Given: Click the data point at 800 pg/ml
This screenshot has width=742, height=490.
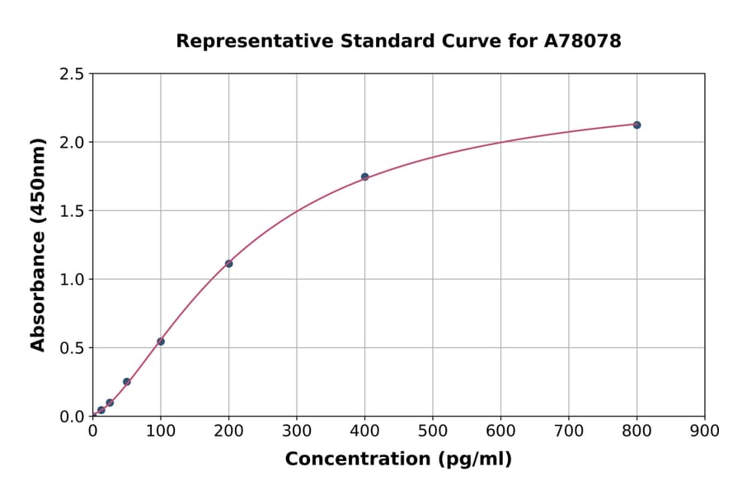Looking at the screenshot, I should [x=636, y=125].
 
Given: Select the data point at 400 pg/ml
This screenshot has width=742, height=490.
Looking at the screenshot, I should [x=364, y=177].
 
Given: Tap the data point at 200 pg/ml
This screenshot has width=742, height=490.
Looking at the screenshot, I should [x=228, y=264].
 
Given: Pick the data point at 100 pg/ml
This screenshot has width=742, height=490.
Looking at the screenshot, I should [x=161, y=342].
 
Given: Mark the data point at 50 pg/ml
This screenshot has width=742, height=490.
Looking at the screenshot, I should [x=127, y=382].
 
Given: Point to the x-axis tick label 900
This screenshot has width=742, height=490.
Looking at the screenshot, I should [x=704, y=431].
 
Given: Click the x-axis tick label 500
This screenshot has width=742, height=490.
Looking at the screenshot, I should [x=432, y=431].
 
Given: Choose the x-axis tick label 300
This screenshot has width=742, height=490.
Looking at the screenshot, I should [x=297, y=431].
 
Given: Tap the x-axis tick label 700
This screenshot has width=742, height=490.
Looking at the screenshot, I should [x=568, y=431].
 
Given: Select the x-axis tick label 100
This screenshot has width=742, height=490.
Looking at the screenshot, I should [x=161, y=431].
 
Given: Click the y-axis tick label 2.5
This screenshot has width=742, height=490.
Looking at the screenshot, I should [x=72, y=74].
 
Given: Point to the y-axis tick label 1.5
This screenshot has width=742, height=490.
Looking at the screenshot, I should [x=72, y=211].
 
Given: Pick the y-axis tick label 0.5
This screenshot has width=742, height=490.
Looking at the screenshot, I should [x=72, y=348].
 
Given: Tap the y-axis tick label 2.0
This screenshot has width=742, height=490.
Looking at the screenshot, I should [x=72, y=143].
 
